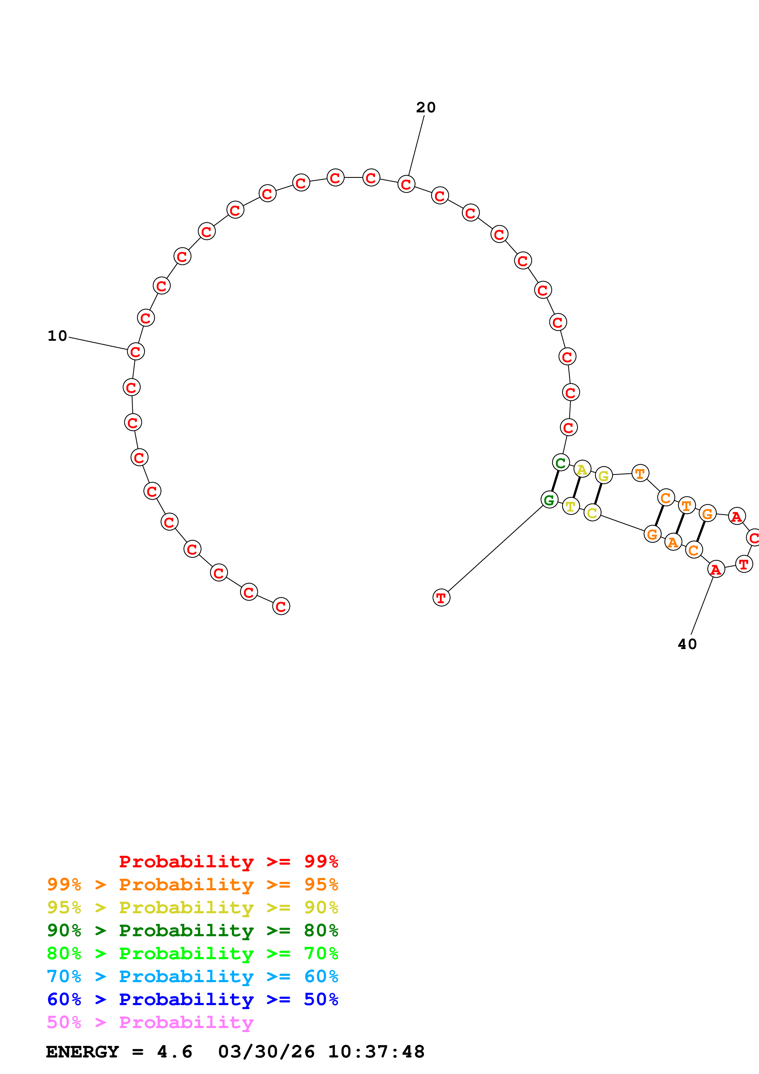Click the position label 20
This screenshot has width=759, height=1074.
[426, 107]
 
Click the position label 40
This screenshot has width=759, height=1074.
[687, 644]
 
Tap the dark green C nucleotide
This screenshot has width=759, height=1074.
[561, 463]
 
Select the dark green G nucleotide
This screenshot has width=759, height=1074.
[549, 500]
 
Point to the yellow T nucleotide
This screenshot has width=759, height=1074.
[570, 506]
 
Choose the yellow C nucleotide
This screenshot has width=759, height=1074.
[592, 513]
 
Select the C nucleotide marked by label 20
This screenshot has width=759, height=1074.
[406, 184]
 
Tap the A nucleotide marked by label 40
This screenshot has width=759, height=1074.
[716, 569]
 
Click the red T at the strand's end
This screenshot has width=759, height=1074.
[441, 598]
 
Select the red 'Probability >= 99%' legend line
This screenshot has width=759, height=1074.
[228, 862]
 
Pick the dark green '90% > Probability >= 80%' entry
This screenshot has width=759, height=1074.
[192, 930]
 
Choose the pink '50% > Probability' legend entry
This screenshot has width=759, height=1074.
[150, 1023]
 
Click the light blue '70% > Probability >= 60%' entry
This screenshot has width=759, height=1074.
[192, 977]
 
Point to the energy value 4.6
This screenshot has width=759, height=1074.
[175, 1052]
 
